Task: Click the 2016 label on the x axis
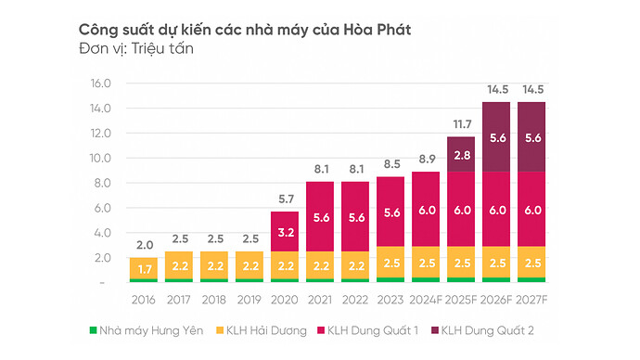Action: [145, 300]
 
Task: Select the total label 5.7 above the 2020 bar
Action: [286, 199]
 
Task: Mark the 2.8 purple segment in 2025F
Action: [461, 154]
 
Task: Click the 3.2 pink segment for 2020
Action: [286, 231]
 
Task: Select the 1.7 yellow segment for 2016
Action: [145, 269]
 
